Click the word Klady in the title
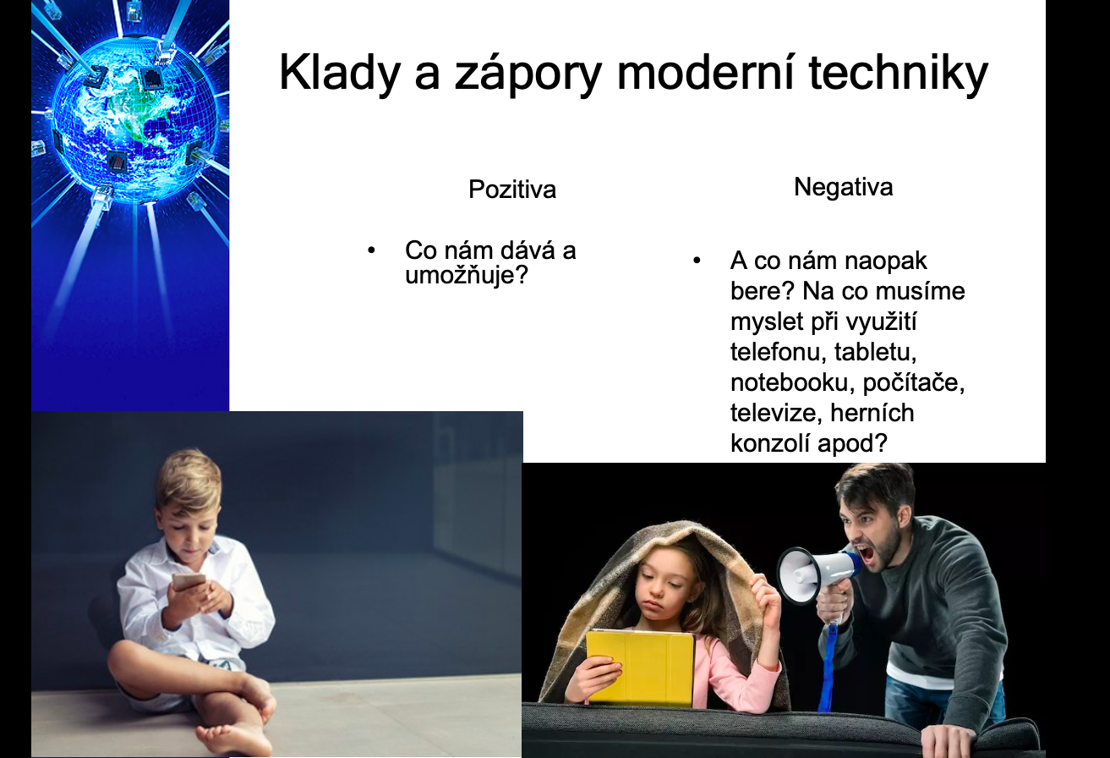click(340, 74)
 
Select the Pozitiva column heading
click(512, 189)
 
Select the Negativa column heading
click(844, 187)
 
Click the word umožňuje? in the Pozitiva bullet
click(467, 275)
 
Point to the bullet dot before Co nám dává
click(371, 250)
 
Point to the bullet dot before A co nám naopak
click(697, 261)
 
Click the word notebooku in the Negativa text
click(793, 382)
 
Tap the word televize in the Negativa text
click(774, 413)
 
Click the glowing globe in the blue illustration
click(134, 119)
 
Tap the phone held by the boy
click(189, 581)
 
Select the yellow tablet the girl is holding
click(640, 667)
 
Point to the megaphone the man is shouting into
click(817, 575)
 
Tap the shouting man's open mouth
click(867, 555)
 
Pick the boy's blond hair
click(189, 478)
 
